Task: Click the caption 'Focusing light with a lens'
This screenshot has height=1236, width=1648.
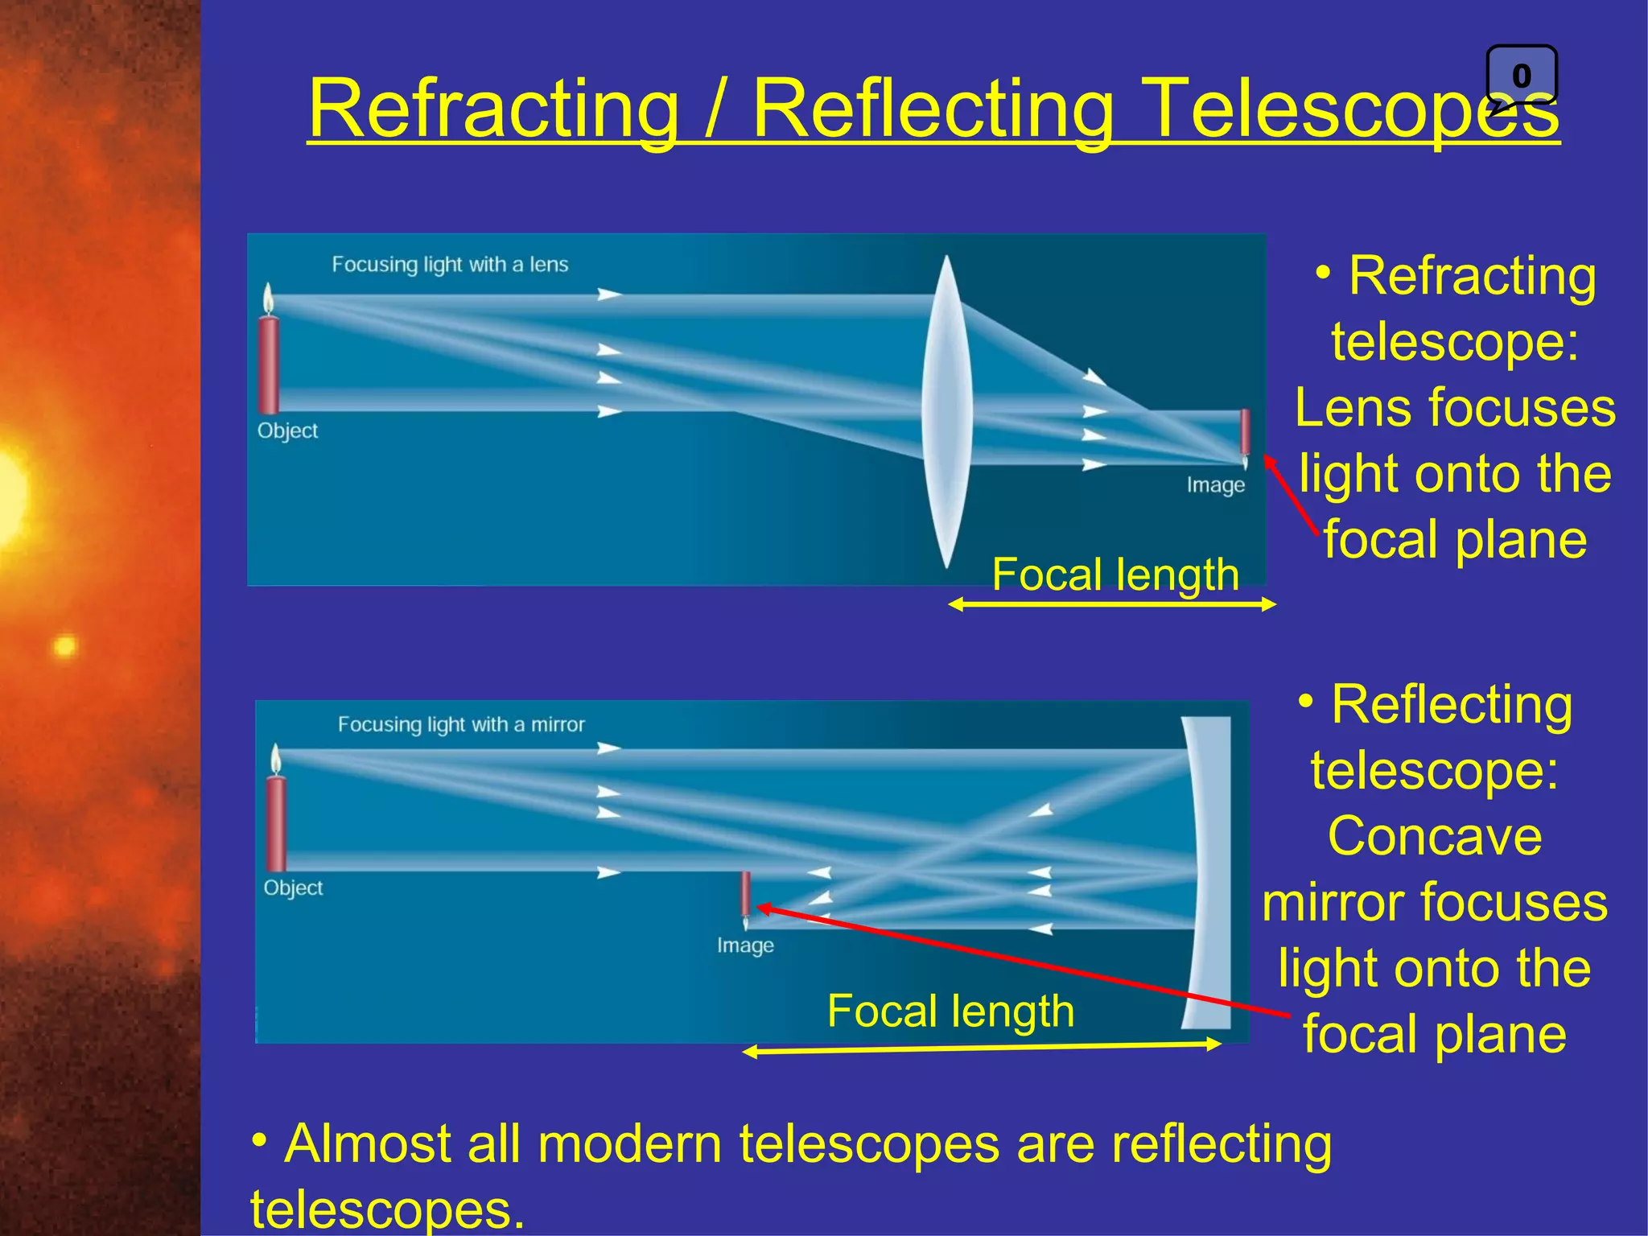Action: point(450,265)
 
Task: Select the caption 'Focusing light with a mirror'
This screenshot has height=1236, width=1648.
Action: point(461,724)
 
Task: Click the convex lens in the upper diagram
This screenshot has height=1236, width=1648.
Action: point(947,410)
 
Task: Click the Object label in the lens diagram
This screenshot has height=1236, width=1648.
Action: point(287,431)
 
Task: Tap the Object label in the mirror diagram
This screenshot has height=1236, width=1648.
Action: point(293,888)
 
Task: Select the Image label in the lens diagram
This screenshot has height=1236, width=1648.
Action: point(1215,485)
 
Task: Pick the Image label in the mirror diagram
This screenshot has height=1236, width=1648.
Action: point(745,946)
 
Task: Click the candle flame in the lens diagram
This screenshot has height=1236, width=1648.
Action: point(269,299)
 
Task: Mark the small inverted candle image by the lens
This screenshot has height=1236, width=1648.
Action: point(1245,436)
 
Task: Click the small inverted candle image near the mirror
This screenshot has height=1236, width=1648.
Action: point(746,897)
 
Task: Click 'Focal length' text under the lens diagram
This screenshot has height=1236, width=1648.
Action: point(1115,575)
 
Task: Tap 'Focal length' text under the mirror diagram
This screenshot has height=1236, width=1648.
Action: point(950,1011)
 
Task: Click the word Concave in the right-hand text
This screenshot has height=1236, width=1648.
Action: point(1435,836)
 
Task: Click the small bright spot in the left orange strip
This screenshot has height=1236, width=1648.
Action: point(64,646)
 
